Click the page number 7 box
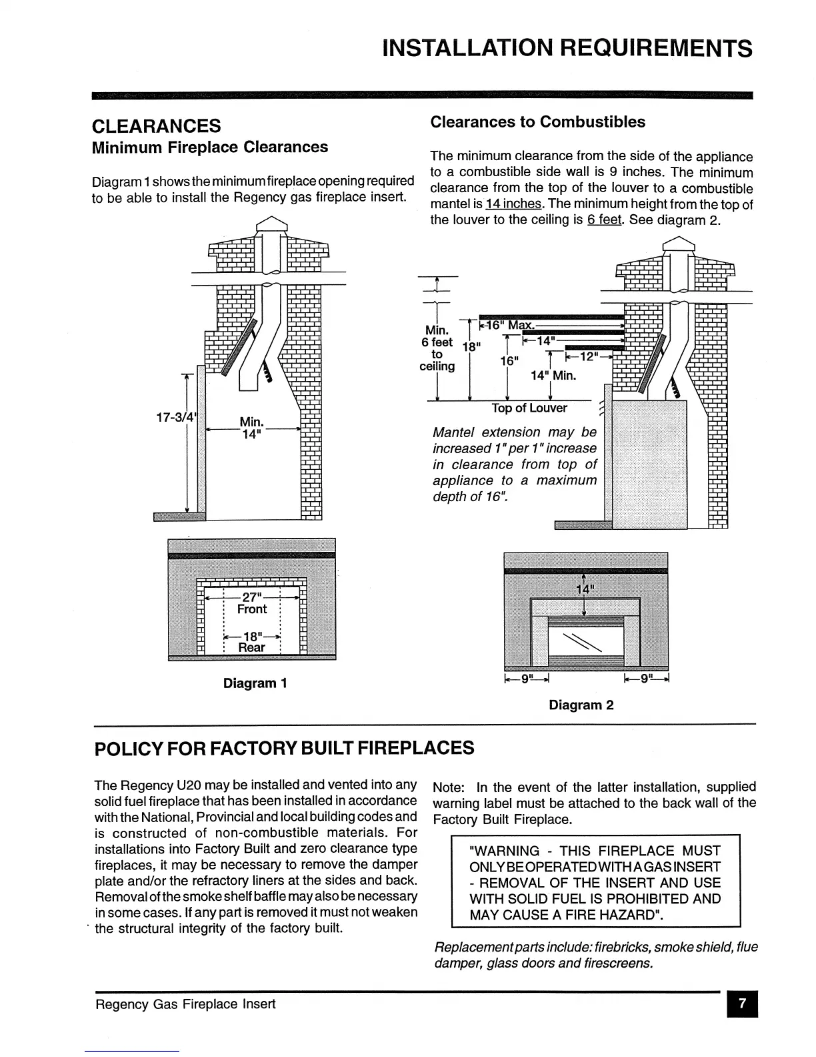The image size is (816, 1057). [742, 1004]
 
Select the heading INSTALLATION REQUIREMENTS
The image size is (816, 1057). [567, 48]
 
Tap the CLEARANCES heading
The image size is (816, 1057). [156, 125]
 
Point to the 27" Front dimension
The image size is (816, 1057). [251, 602]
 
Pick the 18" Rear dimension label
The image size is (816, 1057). [251, 641]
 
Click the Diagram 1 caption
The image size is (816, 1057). [255, 683]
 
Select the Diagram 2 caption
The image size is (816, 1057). [581, 705]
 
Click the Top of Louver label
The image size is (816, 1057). [529, 408]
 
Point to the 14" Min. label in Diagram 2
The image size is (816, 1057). [553, 376]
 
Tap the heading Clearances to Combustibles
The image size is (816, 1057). [537, 122]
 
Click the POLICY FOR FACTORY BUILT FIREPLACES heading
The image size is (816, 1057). [284, 748]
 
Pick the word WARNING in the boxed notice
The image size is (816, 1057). [505, 851]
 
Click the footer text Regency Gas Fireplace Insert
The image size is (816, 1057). [185, 1004]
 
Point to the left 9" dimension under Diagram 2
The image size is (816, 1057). [526, 679]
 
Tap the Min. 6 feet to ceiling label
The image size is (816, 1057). [437, 348]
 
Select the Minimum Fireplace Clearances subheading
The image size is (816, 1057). [209, 147]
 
